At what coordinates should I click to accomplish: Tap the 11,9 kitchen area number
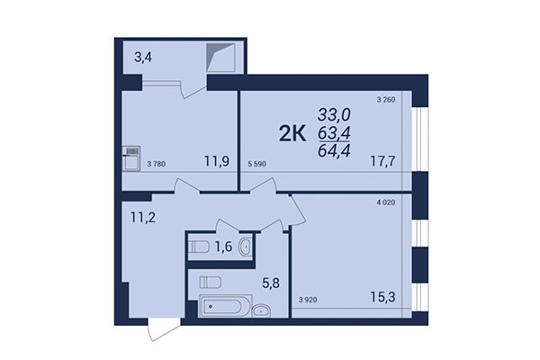215,163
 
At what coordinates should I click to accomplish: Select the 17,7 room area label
382,163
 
